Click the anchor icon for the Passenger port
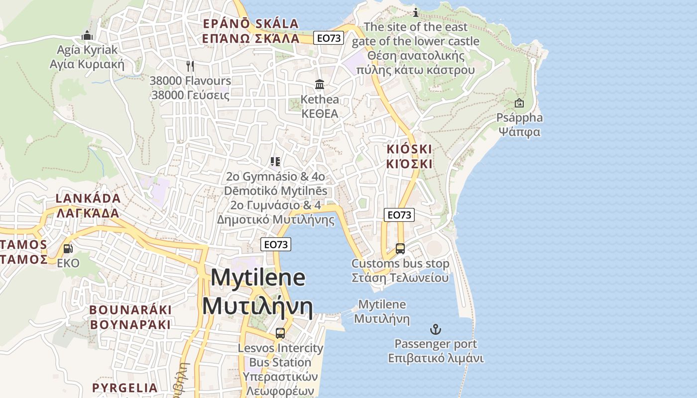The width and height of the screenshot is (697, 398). click(x=436, y=329)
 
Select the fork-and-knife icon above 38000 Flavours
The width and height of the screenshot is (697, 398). click(x=190, y=66)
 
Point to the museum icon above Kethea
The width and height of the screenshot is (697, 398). click(x=320, y=85)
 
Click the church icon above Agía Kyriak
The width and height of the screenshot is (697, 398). click(x=87, y=35)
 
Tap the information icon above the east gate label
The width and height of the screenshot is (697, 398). click(x=416, y=12)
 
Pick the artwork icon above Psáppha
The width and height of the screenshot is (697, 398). click(x=519, y=103)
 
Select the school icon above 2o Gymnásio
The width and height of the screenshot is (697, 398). click(x=275, y=162)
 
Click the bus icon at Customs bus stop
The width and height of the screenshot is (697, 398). click(x=400, y=248)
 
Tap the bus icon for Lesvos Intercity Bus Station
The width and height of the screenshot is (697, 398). click(x=280, y=333)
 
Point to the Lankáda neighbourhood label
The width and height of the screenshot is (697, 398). click(x=88, y=205)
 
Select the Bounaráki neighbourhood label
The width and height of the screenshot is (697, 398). click(x=130, y=317)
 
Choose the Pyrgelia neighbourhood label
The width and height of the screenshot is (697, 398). click(x=125, y=388)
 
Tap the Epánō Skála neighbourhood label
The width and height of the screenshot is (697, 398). click(x=251, y=31)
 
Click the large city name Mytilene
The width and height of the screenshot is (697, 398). click(x=258, y=292)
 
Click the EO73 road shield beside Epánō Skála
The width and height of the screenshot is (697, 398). click(x=329, y=37)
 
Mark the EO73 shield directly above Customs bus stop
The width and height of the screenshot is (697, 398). click(x=399, y=214)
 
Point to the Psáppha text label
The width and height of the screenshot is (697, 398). click(x=520, y=125)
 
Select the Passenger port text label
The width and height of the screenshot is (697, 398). click(x=436, y=351)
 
